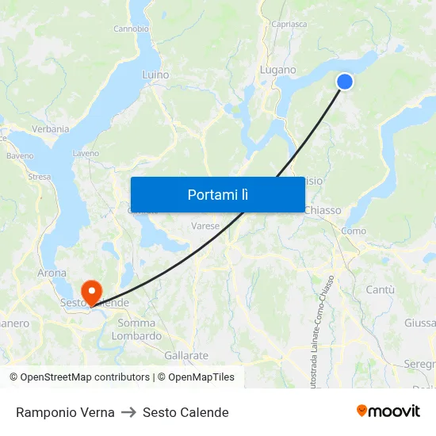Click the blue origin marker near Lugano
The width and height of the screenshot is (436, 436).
345,82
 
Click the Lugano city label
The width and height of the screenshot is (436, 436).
277,71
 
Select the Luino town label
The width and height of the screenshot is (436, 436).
155,75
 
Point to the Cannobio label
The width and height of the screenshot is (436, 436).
131,29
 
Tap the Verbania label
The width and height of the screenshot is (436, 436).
50,129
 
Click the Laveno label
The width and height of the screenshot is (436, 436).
86,153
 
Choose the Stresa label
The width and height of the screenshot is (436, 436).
39,177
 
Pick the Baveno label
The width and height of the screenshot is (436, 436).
20,156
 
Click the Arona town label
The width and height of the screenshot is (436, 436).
52,273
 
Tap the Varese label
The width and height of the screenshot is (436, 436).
205,226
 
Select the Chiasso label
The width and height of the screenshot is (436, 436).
323,211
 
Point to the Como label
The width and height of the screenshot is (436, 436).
354,231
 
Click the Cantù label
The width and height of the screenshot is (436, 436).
381,290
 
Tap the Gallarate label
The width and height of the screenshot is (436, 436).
186,356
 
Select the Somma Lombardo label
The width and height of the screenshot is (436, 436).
136,329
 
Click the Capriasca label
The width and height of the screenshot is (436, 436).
289,25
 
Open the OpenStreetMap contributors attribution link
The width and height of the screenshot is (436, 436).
80,377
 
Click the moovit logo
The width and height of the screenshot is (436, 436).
388,411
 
